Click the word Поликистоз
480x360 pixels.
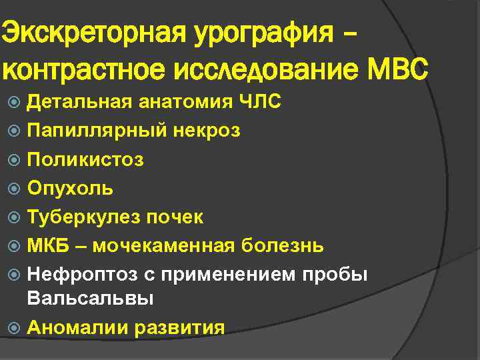click(x=85, y=160)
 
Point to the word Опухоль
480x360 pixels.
click(x=70, y=189)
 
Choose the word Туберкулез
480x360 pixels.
click(x=84, y=217)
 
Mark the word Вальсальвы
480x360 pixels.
click(x=90, y=299)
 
